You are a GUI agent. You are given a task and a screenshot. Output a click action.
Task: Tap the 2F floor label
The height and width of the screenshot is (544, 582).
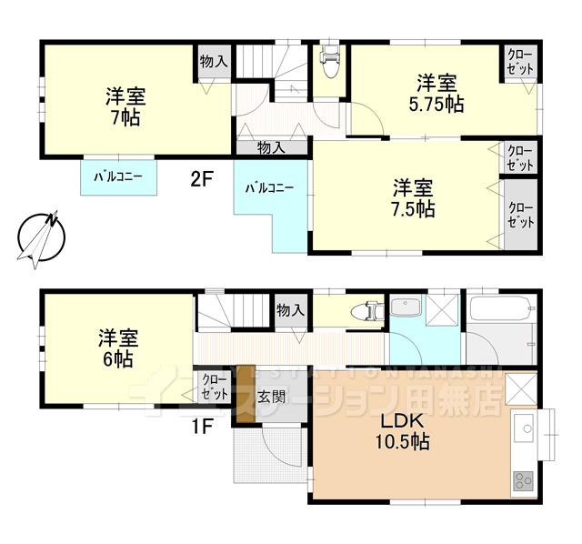201,179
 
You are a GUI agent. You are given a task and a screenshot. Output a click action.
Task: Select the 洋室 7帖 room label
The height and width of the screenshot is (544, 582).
120,106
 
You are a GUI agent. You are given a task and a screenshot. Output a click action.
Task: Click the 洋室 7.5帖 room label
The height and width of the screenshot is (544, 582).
413,198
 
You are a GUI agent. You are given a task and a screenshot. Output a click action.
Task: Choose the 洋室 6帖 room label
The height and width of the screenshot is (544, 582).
118,348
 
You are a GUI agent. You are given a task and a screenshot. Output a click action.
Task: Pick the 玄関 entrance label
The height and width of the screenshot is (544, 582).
269,398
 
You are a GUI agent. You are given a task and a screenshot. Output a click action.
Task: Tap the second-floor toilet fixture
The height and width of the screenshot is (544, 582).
329,64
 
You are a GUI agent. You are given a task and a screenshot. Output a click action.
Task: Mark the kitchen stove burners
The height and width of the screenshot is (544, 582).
525,479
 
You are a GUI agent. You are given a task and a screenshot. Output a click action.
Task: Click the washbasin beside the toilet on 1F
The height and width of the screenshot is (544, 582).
406,307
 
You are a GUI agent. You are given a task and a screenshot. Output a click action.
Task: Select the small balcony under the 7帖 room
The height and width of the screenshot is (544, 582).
117,176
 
